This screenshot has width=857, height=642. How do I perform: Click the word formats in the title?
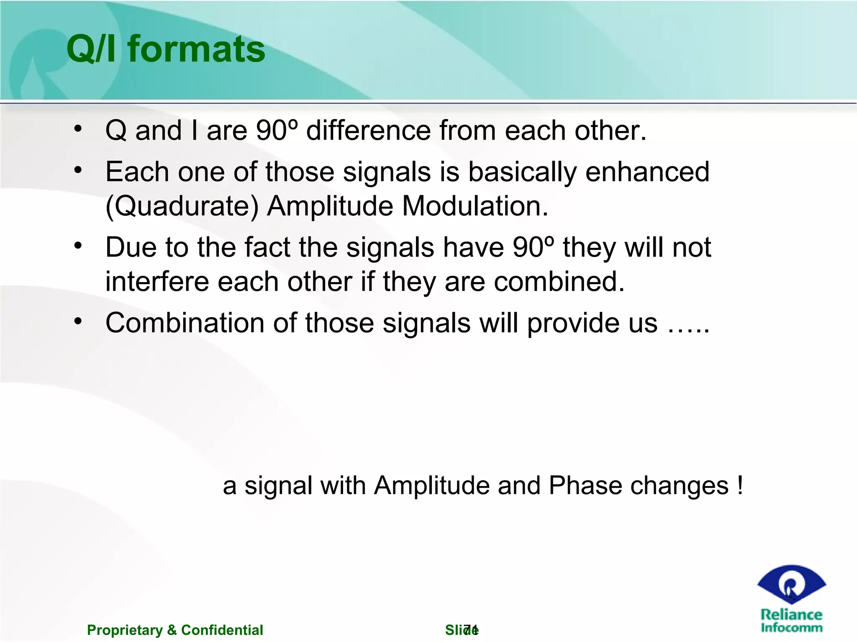(196, 49)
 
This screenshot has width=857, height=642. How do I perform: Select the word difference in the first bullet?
(368, 130)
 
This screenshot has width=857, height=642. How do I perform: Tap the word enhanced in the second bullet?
(647, 172)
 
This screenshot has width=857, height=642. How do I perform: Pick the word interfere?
(157, 281)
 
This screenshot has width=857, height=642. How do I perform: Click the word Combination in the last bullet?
(185, 323)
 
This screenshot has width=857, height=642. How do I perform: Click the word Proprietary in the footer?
(125, 630)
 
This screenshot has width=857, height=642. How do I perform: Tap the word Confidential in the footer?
(222, 630)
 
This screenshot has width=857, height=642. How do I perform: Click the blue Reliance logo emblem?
(791, 584)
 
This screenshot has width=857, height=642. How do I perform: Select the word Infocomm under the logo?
(791, 627)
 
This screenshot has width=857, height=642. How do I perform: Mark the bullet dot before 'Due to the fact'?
(78, 246)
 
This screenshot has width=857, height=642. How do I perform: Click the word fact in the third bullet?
(267, 247)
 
